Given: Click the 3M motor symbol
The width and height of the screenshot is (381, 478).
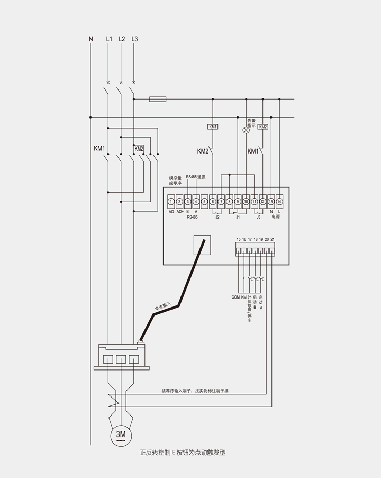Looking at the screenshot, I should (121, 435).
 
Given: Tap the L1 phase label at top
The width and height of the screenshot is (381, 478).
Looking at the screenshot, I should (109, 39).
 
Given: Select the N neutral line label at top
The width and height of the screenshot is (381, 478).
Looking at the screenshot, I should (91, 39).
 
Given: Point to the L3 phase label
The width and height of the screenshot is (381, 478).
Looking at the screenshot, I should (134, 39).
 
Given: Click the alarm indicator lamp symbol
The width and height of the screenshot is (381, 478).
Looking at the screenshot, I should (246, 130).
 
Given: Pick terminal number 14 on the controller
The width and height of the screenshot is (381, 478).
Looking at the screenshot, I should (279, 201).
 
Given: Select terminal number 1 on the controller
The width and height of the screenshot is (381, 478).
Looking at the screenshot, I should (171, 201).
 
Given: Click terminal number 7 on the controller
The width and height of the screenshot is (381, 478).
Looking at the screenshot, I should (221, 201).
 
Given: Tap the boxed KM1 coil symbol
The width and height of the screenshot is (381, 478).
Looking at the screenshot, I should (213, 127).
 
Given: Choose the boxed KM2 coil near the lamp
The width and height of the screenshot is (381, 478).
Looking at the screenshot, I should (263, 127).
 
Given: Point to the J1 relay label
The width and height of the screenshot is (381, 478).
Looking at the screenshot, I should (238, 217).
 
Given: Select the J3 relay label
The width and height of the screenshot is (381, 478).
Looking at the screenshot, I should (258, 217).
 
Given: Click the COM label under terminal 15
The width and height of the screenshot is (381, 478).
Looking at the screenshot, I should (236, 297).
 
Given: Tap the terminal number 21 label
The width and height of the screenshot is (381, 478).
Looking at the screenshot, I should (273, 240).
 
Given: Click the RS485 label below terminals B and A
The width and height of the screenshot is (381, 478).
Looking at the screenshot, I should (192, 217).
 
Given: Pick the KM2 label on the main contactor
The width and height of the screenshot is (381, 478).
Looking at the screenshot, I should (139, 149).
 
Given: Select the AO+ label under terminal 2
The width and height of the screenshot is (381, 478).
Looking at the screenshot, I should (180, 212).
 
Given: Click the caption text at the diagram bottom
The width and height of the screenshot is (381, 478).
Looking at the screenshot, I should (183, 453).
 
